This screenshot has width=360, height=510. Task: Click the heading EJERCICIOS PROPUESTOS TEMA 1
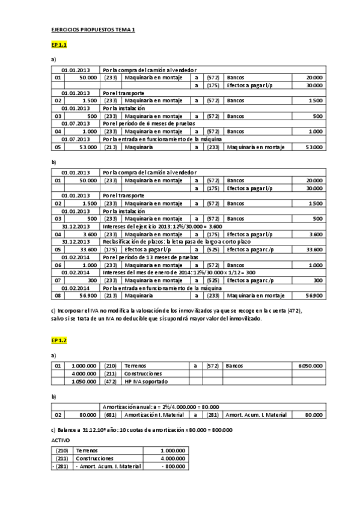(93, 30)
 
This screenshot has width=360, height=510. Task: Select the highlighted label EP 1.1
(59, 45)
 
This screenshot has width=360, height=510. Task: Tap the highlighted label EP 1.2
(59, 340)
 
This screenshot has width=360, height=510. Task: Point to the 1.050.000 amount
(84, 381)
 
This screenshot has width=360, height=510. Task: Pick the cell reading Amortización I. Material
(155, 414)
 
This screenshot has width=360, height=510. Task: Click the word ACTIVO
(61, 440)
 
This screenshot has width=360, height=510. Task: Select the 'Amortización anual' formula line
(160, 407)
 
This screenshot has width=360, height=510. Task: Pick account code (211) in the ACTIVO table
(61, 458)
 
